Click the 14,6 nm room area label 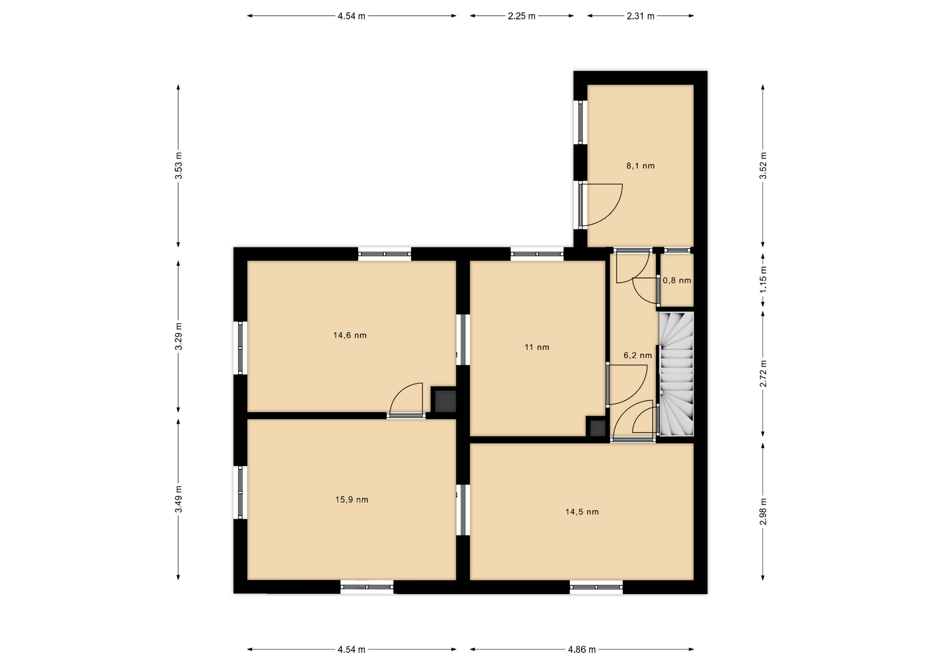click(349, 335)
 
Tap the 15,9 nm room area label click(351, 500)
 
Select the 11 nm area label click(537, 347)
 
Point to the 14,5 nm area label click(582, 512)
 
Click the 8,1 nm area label click(640, 166)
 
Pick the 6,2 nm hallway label click(638, 356)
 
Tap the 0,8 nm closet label click(677, 281)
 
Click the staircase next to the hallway click(676, 374)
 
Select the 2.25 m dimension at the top click(521, 16)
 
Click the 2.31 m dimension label click(641, 16)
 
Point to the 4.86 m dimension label click(582, 650)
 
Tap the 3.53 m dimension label click(178, 166)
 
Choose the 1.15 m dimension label click(763, 280)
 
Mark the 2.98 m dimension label click(763, 511)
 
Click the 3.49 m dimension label click(178, 499)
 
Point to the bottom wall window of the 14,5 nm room click(596, 587)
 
